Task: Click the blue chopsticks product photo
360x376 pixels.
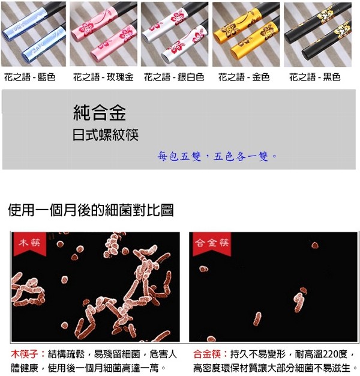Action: (x=33, y=34)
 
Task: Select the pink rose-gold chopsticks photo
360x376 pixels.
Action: (x=103, y=34)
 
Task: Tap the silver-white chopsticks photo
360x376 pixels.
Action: (x=175, y=34)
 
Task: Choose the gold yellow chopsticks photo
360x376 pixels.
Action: (x=246, y=34)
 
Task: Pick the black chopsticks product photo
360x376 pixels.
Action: (x=317, y=34)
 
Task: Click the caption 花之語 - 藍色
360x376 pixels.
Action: (x=30, y=77)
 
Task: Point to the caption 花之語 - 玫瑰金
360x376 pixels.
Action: (x=103, y=77)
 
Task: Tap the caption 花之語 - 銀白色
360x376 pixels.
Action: (x=174, y=77)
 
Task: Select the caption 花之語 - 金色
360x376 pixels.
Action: (x=244, y=77)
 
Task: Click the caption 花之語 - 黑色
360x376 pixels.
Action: (x=315, y=77)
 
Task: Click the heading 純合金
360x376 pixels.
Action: (x=100, y=112)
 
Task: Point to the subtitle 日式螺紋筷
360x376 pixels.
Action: (x=106, y=135)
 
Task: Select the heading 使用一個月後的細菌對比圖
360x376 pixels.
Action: (x=91, y=210)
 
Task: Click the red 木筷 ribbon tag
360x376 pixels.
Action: (x=30, y=244)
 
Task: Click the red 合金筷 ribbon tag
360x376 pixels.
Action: (x=212, y=244)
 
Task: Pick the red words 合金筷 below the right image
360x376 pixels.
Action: (x=207, y=354)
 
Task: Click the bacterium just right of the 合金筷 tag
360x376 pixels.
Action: (x=315, y=245)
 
